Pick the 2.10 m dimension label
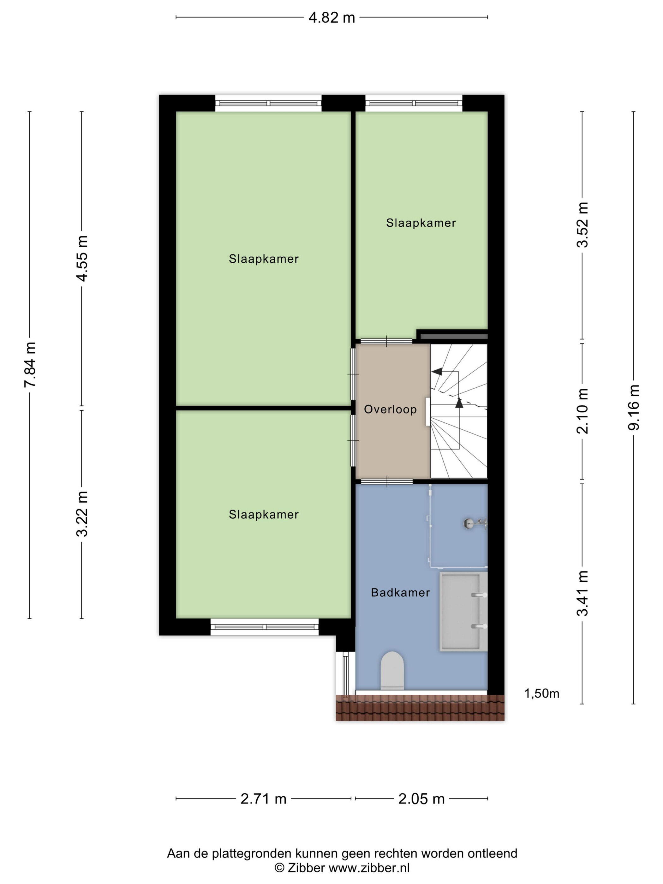[x=583, y=411]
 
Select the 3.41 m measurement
[x=583, y=593]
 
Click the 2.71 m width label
[x=263, y=799]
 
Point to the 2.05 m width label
[x=421, y=799]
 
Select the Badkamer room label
[x=400, y=593]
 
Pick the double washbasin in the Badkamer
[x=463, y=612]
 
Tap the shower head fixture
[x=475, y=523]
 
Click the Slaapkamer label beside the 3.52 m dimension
[x=421, y=223]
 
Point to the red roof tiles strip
[x=420, y=708]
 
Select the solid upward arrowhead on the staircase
[x=459, y=403]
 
